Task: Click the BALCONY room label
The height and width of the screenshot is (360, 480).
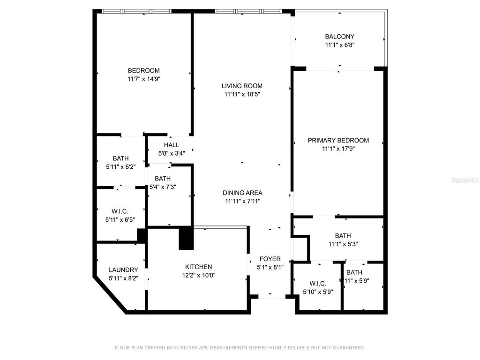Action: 339,36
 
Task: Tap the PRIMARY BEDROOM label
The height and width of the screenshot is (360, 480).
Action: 338,140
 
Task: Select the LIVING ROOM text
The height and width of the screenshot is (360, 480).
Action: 242,86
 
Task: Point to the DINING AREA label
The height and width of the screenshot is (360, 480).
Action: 242,193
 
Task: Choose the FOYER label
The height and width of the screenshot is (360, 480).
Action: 270,259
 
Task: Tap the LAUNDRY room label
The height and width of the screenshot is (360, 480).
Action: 123,270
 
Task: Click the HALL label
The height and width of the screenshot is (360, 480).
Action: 172,145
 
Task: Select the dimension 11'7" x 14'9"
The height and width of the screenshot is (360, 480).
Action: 144,79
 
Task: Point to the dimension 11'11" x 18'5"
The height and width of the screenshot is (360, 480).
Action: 242,94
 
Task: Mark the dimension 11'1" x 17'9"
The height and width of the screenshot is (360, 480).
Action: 338,149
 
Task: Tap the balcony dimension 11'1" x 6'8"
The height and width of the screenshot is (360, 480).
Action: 339,45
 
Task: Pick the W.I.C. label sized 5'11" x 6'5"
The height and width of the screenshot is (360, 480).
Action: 120,211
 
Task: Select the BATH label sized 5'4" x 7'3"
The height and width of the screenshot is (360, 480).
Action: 163,179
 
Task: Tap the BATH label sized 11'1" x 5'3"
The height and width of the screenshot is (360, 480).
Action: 342,235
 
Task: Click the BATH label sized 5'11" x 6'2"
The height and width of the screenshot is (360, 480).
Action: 120,158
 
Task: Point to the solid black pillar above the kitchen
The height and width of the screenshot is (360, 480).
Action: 186,237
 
